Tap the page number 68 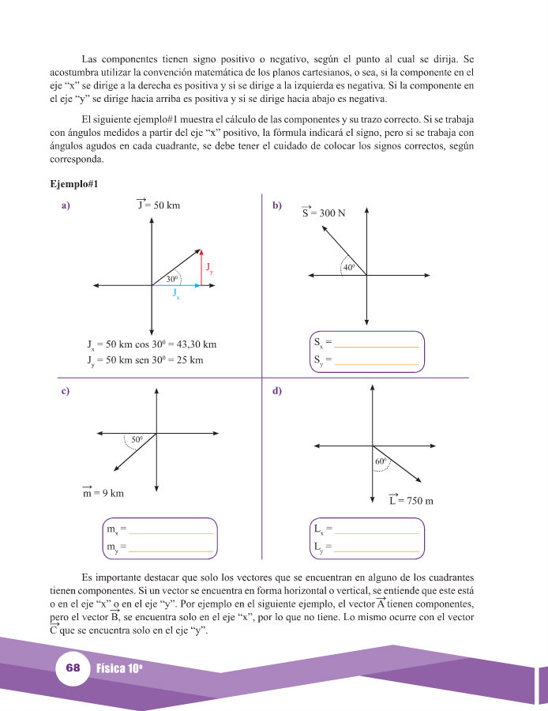(x=73, y=668)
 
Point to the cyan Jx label (x=176, y=294)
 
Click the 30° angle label (x=172, y=279)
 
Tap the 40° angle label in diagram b (x=349, y=267)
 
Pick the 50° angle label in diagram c (x=137, y=439)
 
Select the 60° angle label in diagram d (x=380, y=461)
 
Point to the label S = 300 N (x=323, y=213)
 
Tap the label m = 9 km (x=103, y=493)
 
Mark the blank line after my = (x=171, y=548)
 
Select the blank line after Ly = (x=377, y=548)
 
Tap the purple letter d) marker (x=277, y=391)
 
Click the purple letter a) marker (x=66, y=206)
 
